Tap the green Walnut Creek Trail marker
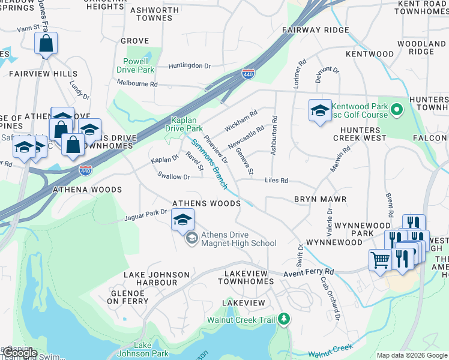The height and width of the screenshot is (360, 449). pos(285,319)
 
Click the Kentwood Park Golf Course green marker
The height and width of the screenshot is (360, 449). pos(396,110)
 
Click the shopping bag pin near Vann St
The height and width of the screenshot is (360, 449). pos(46,44)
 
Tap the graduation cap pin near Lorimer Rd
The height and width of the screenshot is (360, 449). pos(320,110)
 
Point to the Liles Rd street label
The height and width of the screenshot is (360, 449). pos(277,181)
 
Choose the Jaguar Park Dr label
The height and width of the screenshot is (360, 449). pos(146,214)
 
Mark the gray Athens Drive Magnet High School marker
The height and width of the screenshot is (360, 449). pos(191,239)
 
